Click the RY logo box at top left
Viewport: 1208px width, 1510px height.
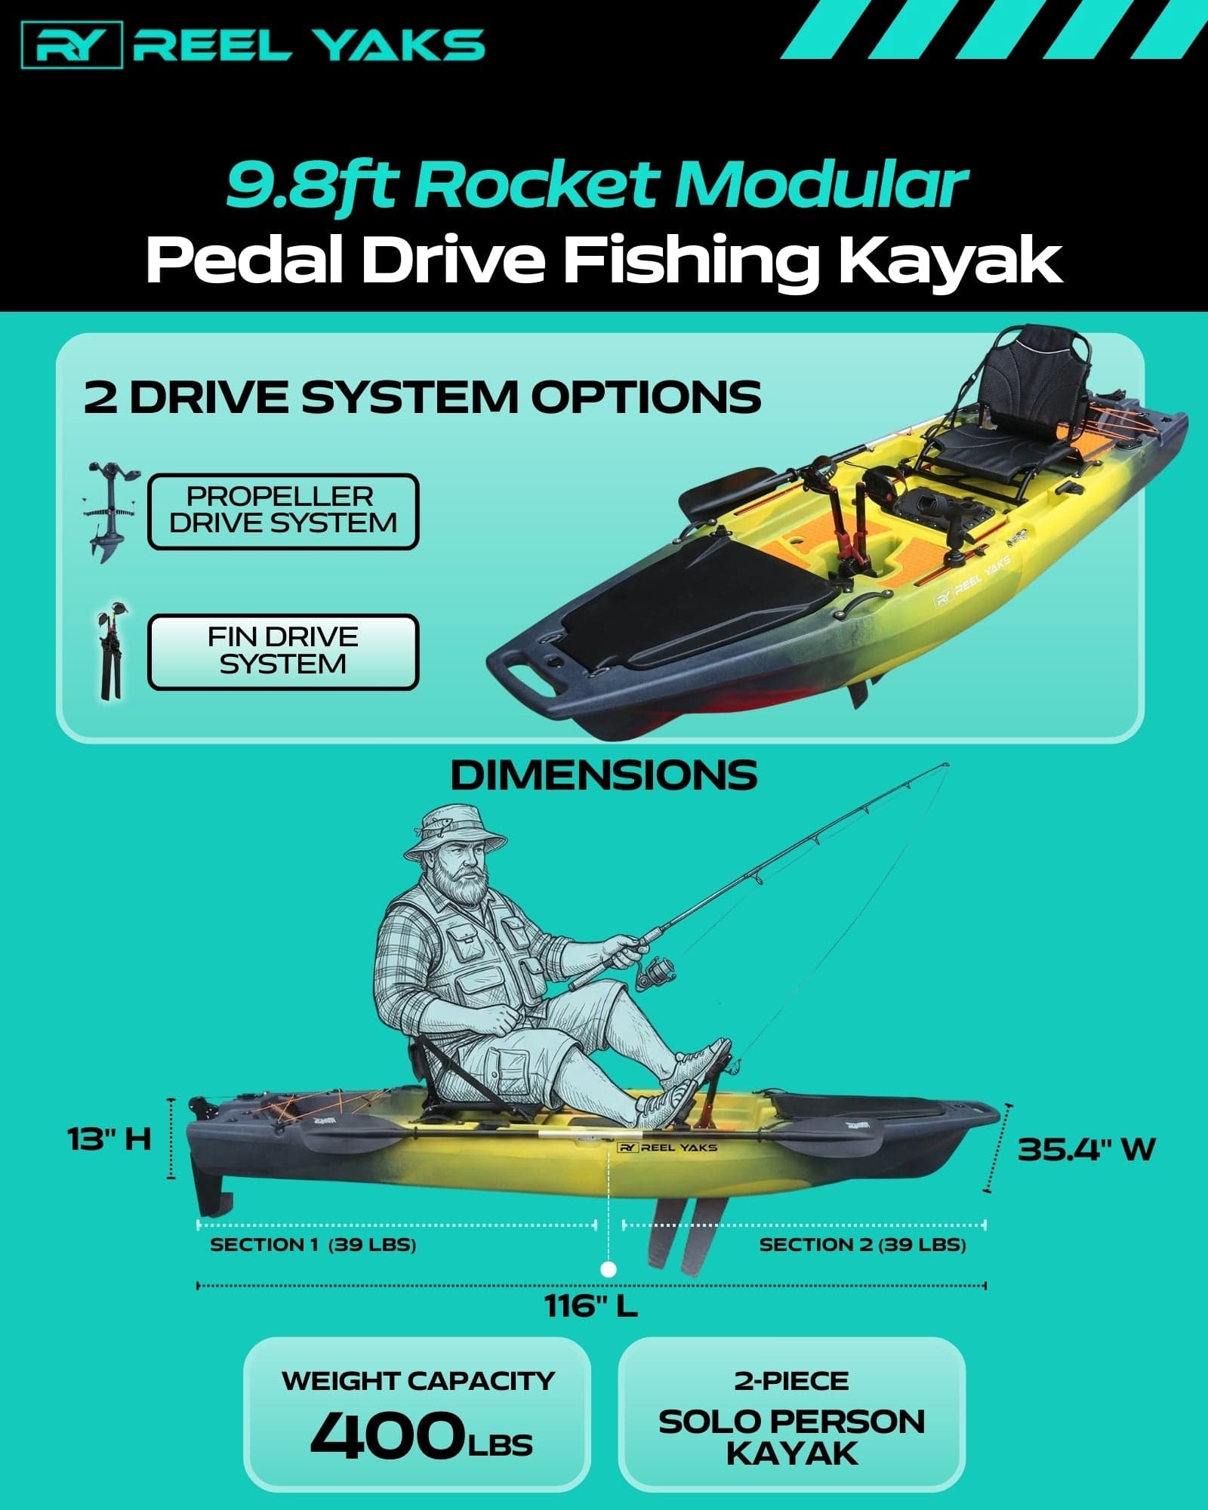[72, 45]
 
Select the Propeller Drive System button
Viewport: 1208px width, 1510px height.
[282, 511]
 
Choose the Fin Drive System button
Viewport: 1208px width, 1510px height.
[282, 652]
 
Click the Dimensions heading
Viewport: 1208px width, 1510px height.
[603, 775]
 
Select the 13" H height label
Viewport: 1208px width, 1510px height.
[109, 1139]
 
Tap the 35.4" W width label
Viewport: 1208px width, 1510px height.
[1086, 1149]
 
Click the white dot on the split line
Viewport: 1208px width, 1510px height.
[609, 1269]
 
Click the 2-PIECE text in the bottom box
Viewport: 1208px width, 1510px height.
[791, 1381]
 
